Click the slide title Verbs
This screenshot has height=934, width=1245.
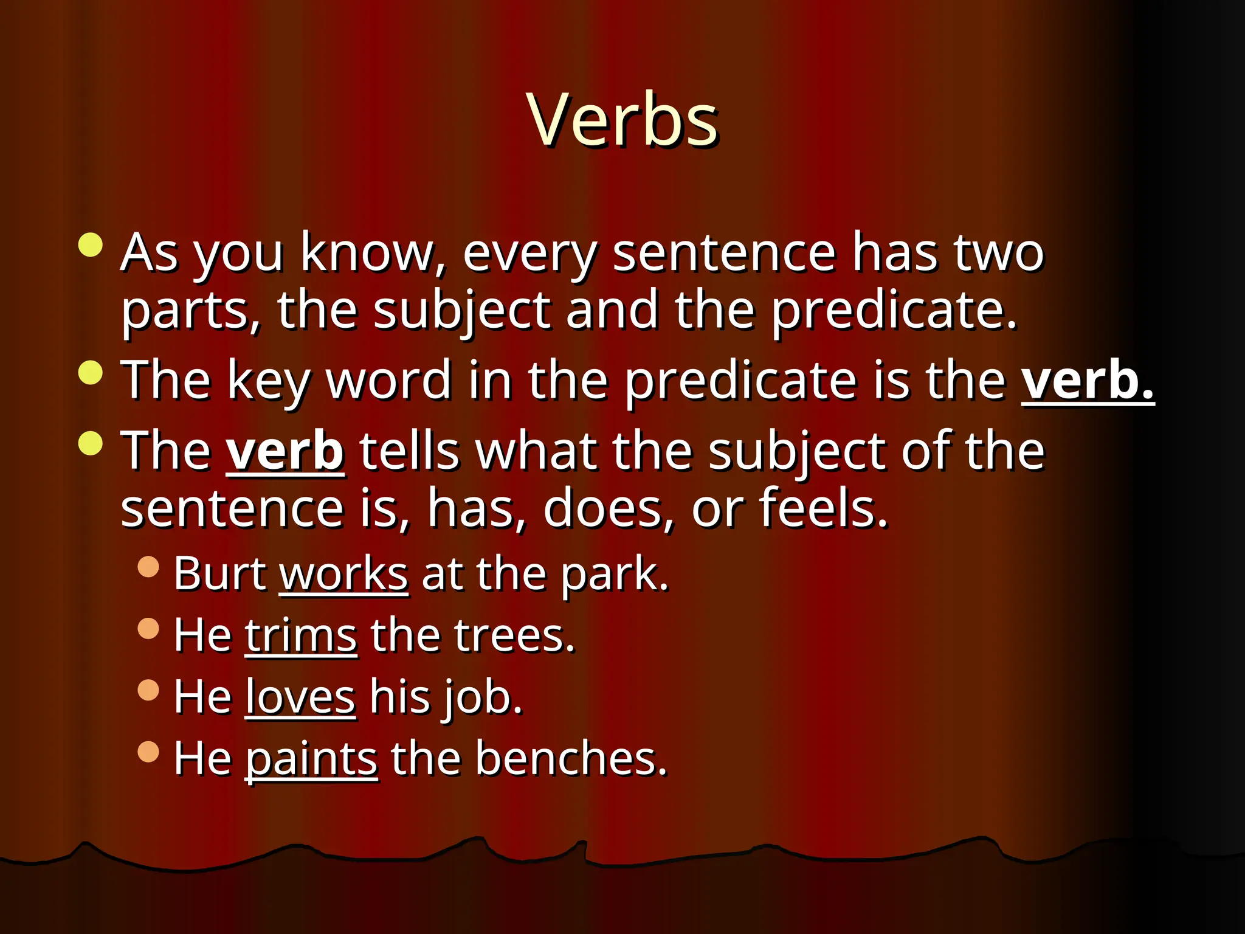tap(622, 120)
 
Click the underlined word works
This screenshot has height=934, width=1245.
tap(343, 574)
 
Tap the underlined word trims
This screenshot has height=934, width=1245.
tap(300, 636)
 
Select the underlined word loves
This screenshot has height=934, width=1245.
tap(300, 697)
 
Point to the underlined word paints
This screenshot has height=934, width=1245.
tap(311, 759)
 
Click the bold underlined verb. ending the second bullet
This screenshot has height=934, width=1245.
tap(1087, 381)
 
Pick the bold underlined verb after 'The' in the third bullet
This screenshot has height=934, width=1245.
tap(285, 451)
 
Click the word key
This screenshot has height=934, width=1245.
tap(269, 382)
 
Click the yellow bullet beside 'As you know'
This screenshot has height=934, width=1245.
tap(91, 245)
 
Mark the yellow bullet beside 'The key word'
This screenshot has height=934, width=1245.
tap(91, 373)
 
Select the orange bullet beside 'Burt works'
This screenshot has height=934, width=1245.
tap(148, 567)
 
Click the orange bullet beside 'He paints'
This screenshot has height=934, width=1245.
tap(148, 752)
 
